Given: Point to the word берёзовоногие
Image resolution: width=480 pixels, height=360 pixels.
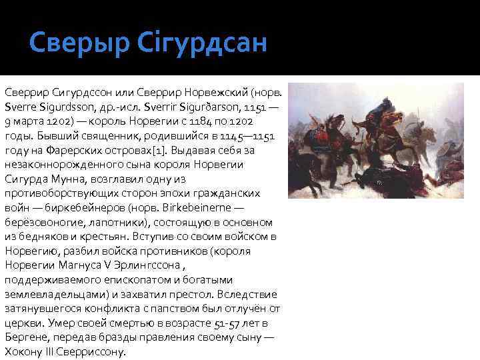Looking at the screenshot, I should pyautogui.click(x=43, y=222).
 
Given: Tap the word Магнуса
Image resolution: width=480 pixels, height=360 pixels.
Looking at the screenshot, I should pyautogui.click(x=79, y=265).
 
